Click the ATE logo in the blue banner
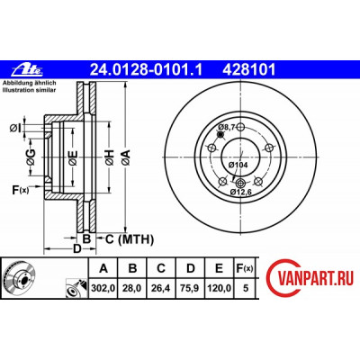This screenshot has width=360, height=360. coord(27,70)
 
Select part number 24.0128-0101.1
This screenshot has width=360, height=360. coord(147,70)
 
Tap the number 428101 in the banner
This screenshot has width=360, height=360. coord(248,70)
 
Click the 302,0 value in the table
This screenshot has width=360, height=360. coord(103,288)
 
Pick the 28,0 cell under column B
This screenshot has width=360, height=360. coord(132,288)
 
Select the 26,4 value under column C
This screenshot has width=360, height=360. coord(161,288)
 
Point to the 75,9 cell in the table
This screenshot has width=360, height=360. coord(190,288)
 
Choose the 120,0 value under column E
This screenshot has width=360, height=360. coord(219,288)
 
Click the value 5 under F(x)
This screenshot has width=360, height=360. coord(246,288)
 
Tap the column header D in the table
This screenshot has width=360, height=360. coord(191,268)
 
